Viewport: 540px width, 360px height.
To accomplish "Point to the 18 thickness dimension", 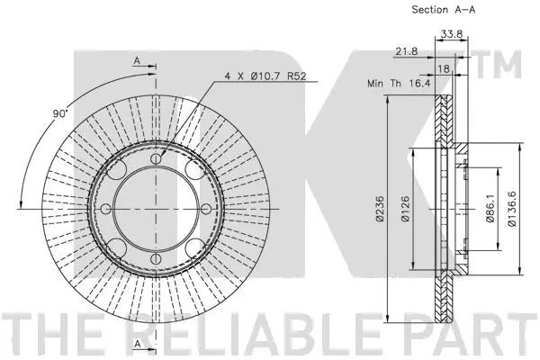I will coord(443,67).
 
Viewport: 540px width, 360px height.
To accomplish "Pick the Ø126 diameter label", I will coord(408,209).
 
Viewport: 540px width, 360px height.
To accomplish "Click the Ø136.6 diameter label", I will coord(511,209).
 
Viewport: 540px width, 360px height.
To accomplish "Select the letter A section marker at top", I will coord(137,60).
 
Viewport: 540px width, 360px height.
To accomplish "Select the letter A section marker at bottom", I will coord(137,345).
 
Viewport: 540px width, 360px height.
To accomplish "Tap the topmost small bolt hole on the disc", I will coord(156,160).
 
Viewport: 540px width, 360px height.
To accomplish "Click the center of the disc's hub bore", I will coord(156,208).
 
